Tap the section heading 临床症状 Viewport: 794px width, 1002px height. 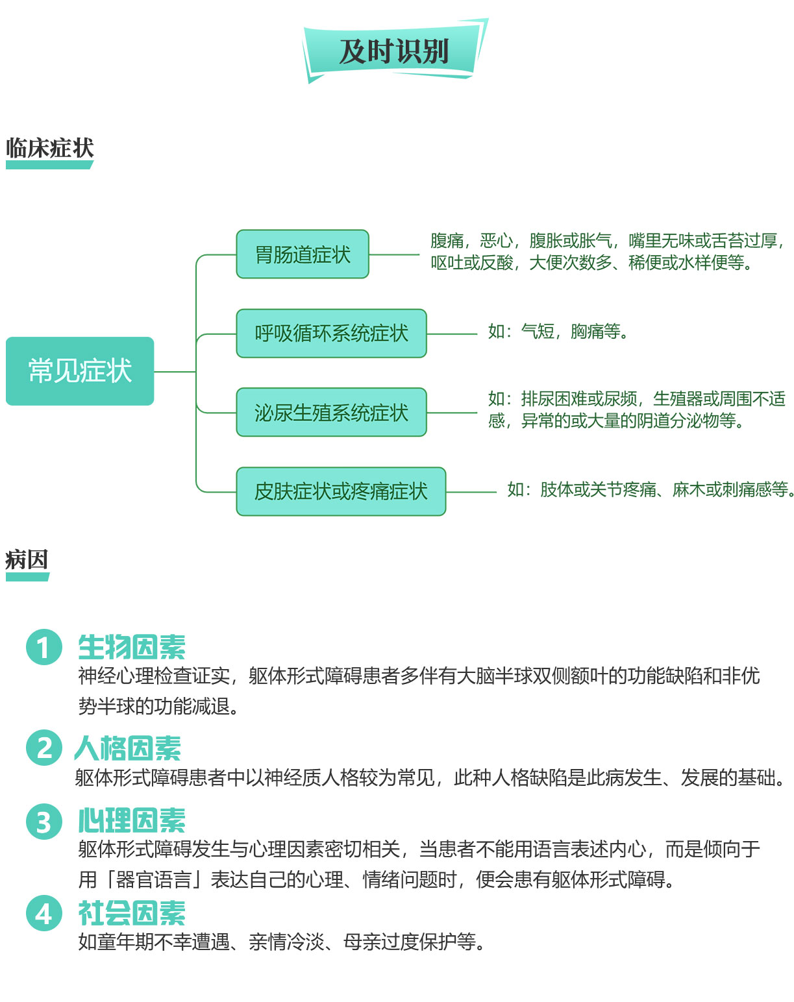(x=50, y=148)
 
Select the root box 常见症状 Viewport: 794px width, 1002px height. (x=80, y=371)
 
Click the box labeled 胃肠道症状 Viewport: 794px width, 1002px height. (x=303, y=254)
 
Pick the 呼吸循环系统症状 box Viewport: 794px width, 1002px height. (x=331, y=334)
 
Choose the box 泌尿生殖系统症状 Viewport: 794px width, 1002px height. (x=331, y=412)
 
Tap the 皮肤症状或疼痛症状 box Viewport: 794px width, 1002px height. (x=341, y=491)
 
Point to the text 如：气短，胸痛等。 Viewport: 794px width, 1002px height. (x=558, y=332)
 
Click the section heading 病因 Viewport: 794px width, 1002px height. (x=27, y=559)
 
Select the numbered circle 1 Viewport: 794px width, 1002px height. (x=44, y=647)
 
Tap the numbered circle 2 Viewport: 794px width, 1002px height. (x=44, y=748)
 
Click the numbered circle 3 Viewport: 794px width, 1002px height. (x=44, y=822)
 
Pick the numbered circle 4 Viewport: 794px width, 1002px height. (x=44, y=913)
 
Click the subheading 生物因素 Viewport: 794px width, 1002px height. (x=132, y=647)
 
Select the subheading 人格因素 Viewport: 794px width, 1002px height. (x=128, y=748)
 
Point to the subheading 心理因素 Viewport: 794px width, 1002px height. (x=132, y=820)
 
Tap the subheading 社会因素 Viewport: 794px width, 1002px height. (x=132, y=913)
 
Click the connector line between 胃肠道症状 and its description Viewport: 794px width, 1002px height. (x=394, y=254)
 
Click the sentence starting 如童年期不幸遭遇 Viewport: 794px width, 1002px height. (x=282, y=942)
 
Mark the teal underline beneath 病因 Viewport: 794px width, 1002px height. (x=27, y=578)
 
